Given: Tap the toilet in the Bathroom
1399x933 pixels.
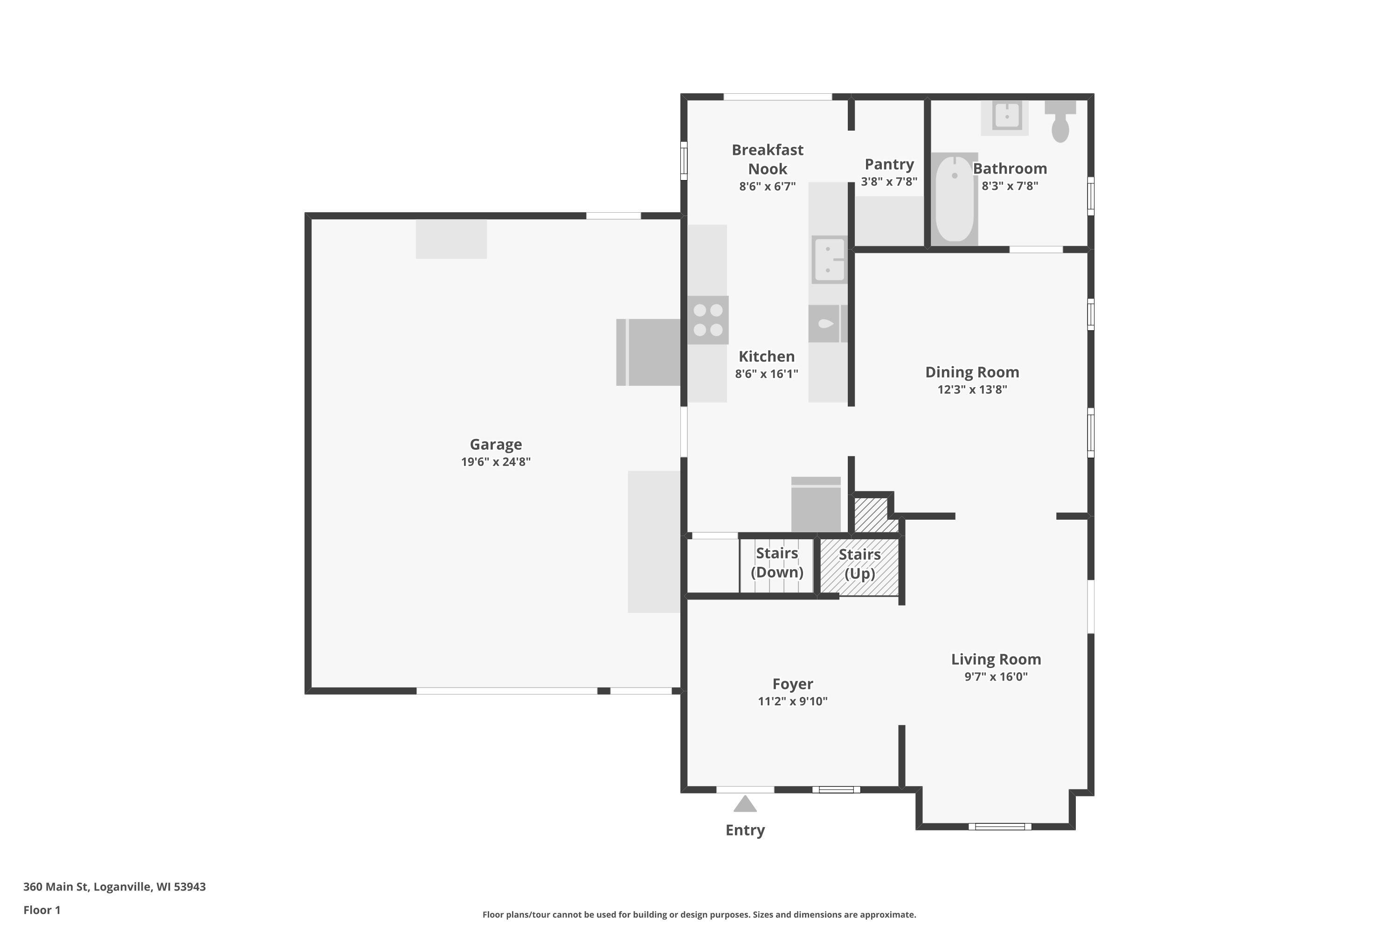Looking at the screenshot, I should [x=1060, y=122].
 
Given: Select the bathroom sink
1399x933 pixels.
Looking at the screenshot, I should [x=1006, y=117].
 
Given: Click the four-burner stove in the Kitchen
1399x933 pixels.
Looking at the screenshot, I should [x=708, y=320].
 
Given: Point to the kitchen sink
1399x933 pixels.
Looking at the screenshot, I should [x=829, y=259].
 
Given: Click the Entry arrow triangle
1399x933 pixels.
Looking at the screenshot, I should [x=745, y=804].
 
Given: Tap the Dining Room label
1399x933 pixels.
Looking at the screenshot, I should [x=972, y=372].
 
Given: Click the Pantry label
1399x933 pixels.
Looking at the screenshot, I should [x=889, y=164].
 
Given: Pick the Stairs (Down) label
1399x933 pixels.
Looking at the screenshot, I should [x=777, y=562].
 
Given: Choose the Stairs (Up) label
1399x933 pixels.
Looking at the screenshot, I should [x=859, y=564].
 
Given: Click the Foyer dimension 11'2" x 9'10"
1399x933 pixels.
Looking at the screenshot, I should [x=792, y=701].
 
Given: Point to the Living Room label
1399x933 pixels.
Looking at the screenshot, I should [x=996, y=659].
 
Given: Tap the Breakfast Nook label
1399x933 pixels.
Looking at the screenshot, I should [x=767, y=159].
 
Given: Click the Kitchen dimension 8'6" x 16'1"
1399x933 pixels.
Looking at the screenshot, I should [x=766, y=374].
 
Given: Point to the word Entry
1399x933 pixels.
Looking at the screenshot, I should [x=745, y=830].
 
